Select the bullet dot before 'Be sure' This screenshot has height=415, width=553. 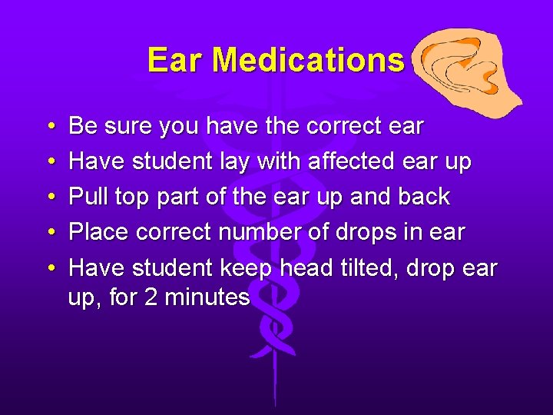(x=49, y=126)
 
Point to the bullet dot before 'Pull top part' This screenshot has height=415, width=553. (x=49, y=198)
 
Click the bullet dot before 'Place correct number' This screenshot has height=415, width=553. (x=49, y=233)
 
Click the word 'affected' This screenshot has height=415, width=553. (x=356, y=161)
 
